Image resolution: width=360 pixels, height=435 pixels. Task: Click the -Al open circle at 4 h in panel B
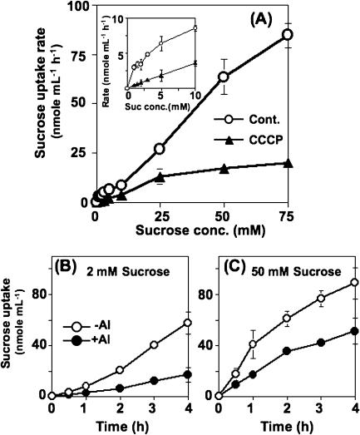click(x=165, y=323)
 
